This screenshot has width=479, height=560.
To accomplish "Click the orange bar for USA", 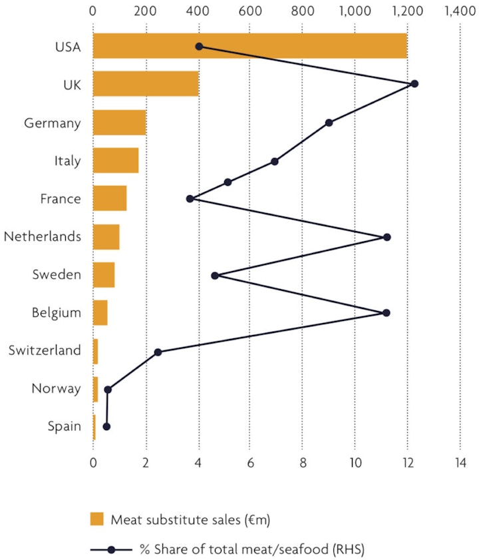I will tap(249, 46).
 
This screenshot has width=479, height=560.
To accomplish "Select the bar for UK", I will tap(146, 84).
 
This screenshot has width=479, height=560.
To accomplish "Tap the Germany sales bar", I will tap(119, 123).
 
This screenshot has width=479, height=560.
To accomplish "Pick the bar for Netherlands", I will tap(106, 237).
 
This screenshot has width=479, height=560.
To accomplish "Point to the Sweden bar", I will tap(104, 275).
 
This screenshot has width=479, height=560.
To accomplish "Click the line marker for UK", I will tap(414, 84).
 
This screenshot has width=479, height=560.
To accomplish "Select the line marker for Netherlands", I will tap(387, 237).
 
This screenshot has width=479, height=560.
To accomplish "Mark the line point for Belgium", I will tap(386, 313).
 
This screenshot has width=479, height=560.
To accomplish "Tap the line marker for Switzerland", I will tap(158, 352).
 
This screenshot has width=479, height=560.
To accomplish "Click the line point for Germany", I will tap(329, 123).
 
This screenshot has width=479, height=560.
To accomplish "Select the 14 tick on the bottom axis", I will tap(460, 462).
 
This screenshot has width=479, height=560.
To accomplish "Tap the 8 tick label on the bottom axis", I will tap(303, 462).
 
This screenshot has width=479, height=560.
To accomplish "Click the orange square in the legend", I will tap(98, 519).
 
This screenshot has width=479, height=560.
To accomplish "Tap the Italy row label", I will tap(68, 160).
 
